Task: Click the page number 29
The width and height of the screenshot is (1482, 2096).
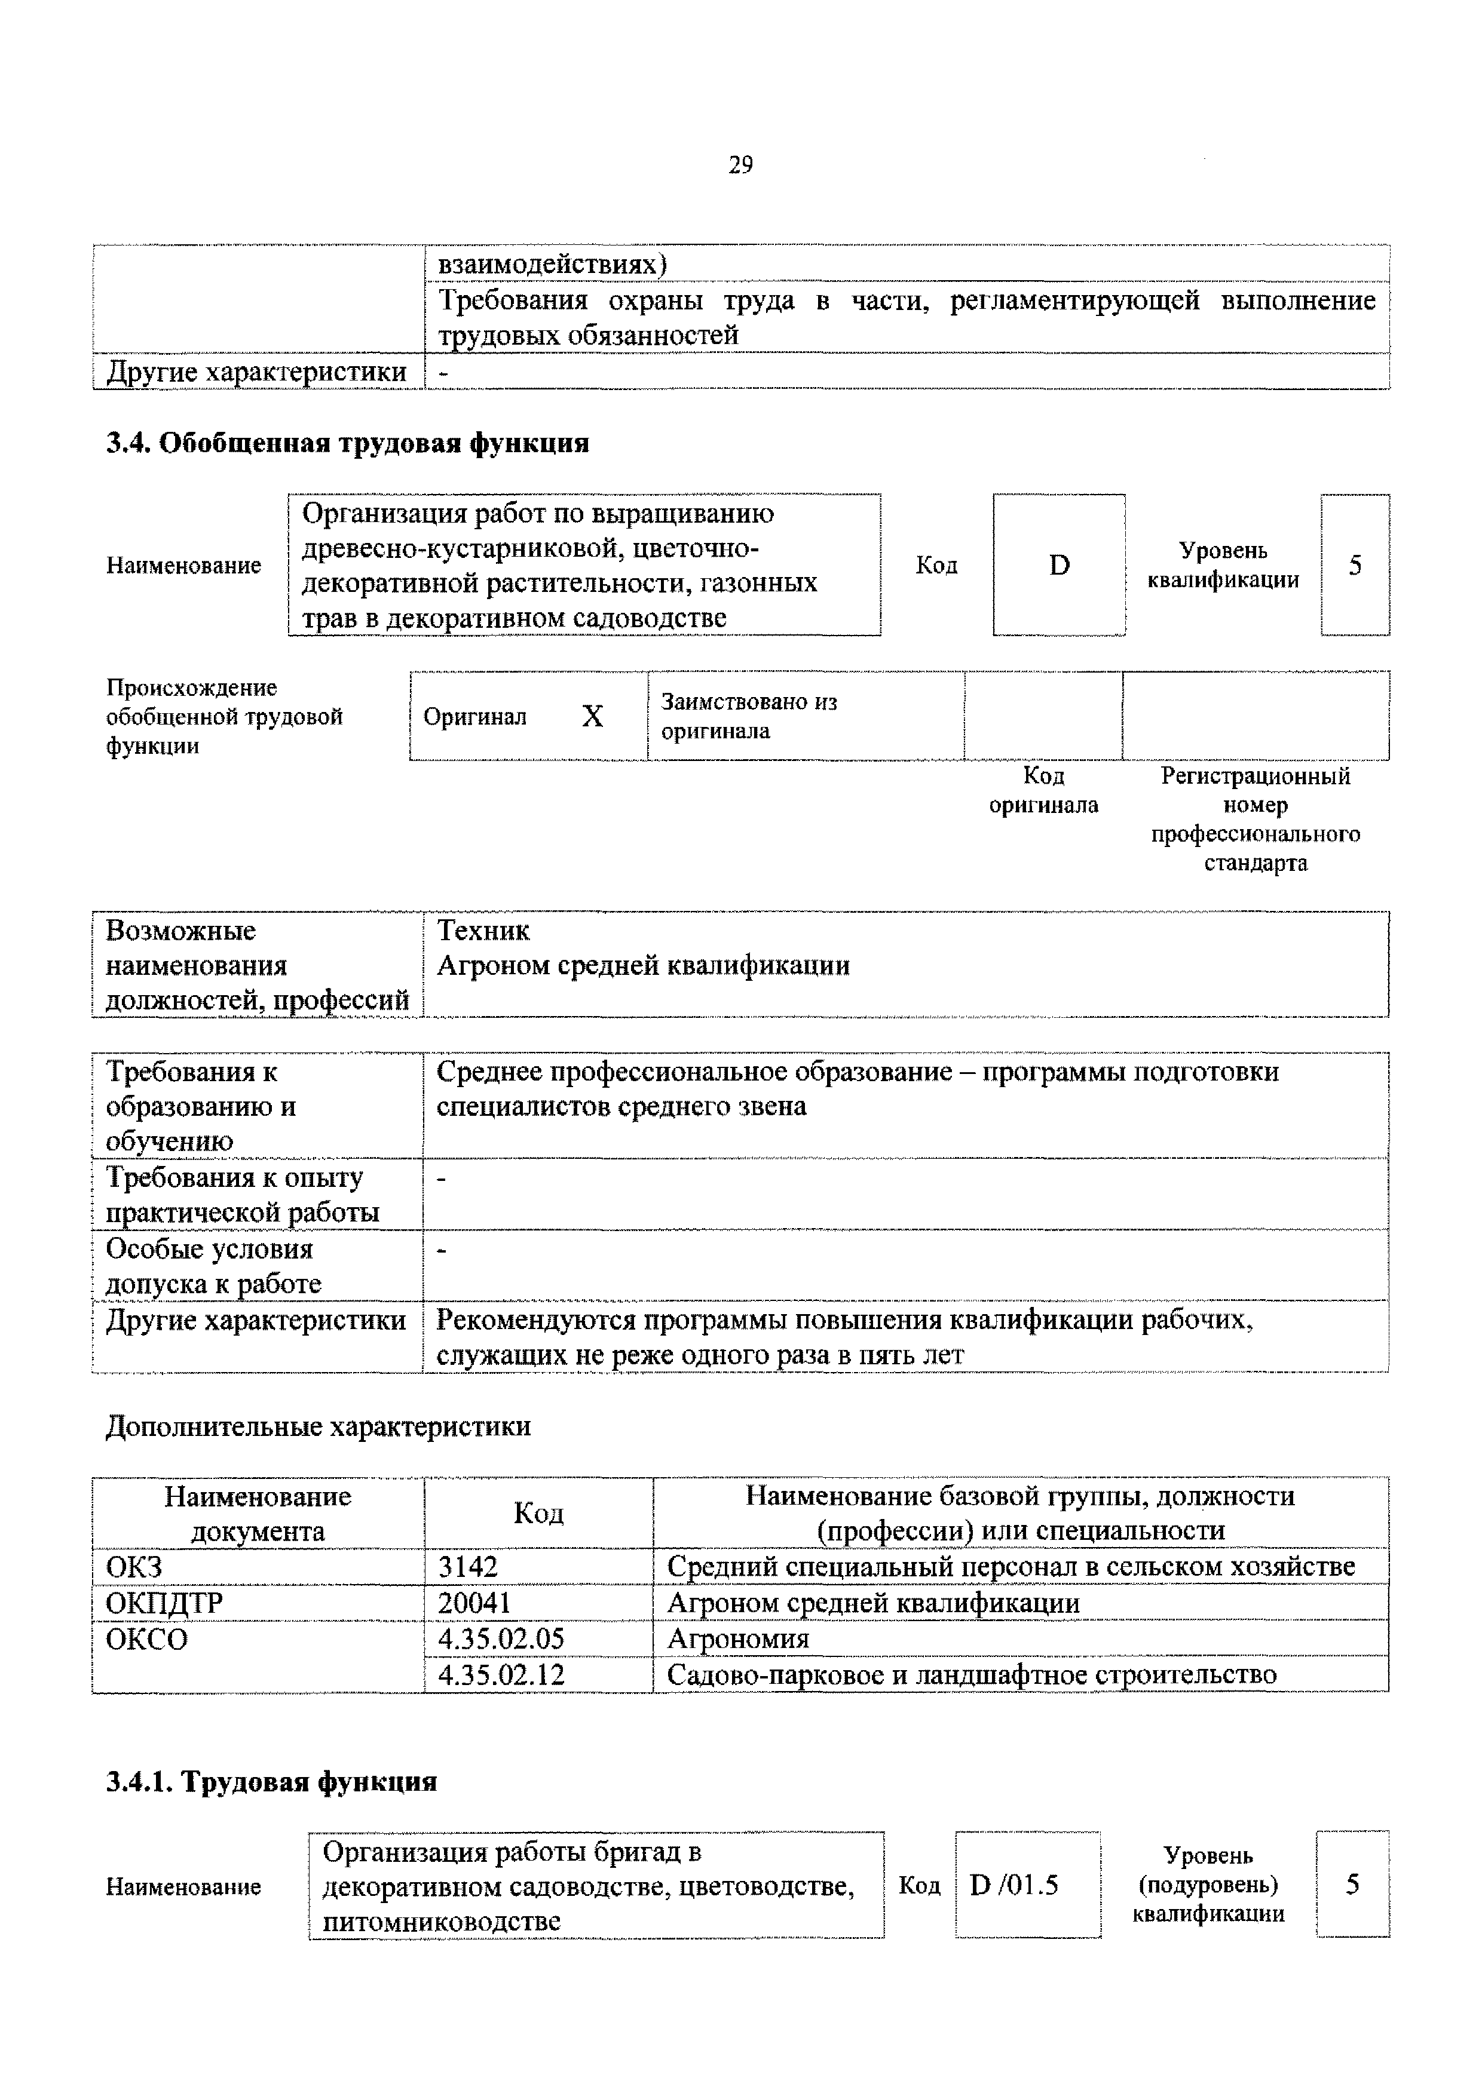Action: [740, 165]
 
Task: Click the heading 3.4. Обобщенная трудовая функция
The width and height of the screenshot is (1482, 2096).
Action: [348, 444]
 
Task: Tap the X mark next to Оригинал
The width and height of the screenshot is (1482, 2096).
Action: [593, 717]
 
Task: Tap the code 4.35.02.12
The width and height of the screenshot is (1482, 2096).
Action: [501, 1674]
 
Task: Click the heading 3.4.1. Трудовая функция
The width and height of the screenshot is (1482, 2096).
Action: [271, 1781]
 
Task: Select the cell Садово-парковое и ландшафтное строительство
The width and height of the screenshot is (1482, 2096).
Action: [972, 1674]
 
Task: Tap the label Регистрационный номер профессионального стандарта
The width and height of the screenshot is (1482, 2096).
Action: [1255, 819]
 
